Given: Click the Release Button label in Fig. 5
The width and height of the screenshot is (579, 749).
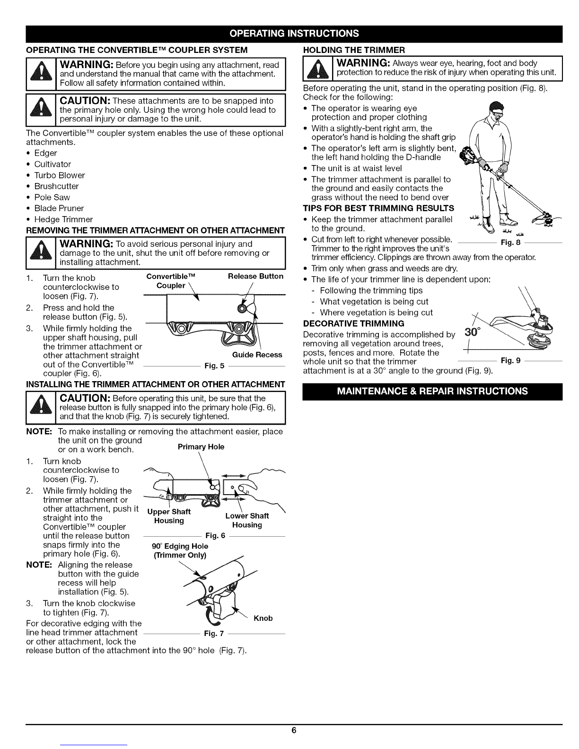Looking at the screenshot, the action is tap(255, 277).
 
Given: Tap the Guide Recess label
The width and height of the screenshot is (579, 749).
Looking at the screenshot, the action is tap(257, 355).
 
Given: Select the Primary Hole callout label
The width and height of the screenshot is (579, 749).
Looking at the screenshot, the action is tap(201, 447).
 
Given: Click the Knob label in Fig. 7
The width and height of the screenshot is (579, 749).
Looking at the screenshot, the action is tap(263, 618).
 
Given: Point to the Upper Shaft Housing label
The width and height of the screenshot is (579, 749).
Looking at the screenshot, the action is tap(169, 516).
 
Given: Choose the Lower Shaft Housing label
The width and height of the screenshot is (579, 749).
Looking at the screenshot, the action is tap(247, 520).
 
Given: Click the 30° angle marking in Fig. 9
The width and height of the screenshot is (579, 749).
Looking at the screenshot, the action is tap(472, 332).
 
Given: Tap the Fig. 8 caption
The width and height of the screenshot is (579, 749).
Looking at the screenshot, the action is tap(510, 242).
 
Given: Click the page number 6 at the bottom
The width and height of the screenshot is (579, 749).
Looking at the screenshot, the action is tap(294, 730).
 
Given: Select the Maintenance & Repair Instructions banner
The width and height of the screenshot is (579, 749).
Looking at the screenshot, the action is tap(432, 391).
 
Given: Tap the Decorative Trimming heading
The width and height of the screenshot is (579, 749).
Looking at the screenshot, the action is tap(354, 323).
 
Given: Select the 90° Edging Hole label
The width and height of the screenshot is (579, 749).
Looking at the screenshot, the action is tap(180, 550).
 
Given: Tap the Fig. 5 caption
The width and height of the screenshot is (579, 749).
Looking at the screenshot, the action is tap(214, 366).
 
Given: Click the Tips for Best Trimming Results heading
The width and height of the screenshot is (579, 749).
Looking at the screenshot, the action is tap(378, 208).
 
